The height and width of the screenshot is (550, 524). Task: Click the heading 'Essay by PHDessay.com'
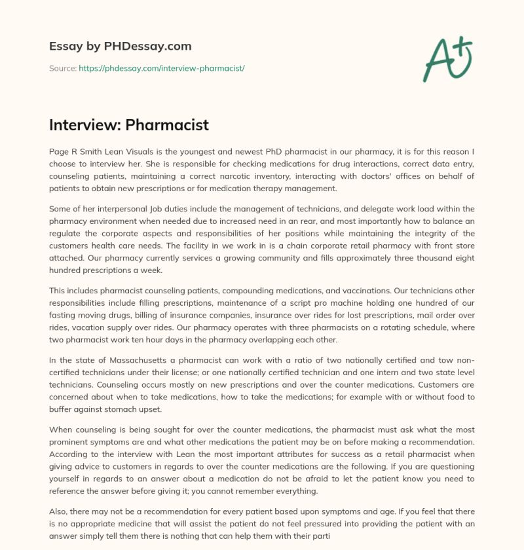coord(120,46)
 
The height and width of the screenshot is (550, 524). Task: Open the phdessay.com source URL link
coord(162,68)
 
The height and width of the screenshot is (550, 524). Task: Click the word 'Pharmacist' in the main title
coord(167,125)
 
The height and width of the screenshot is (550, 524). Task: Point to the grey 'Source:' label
coord(63,68)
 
